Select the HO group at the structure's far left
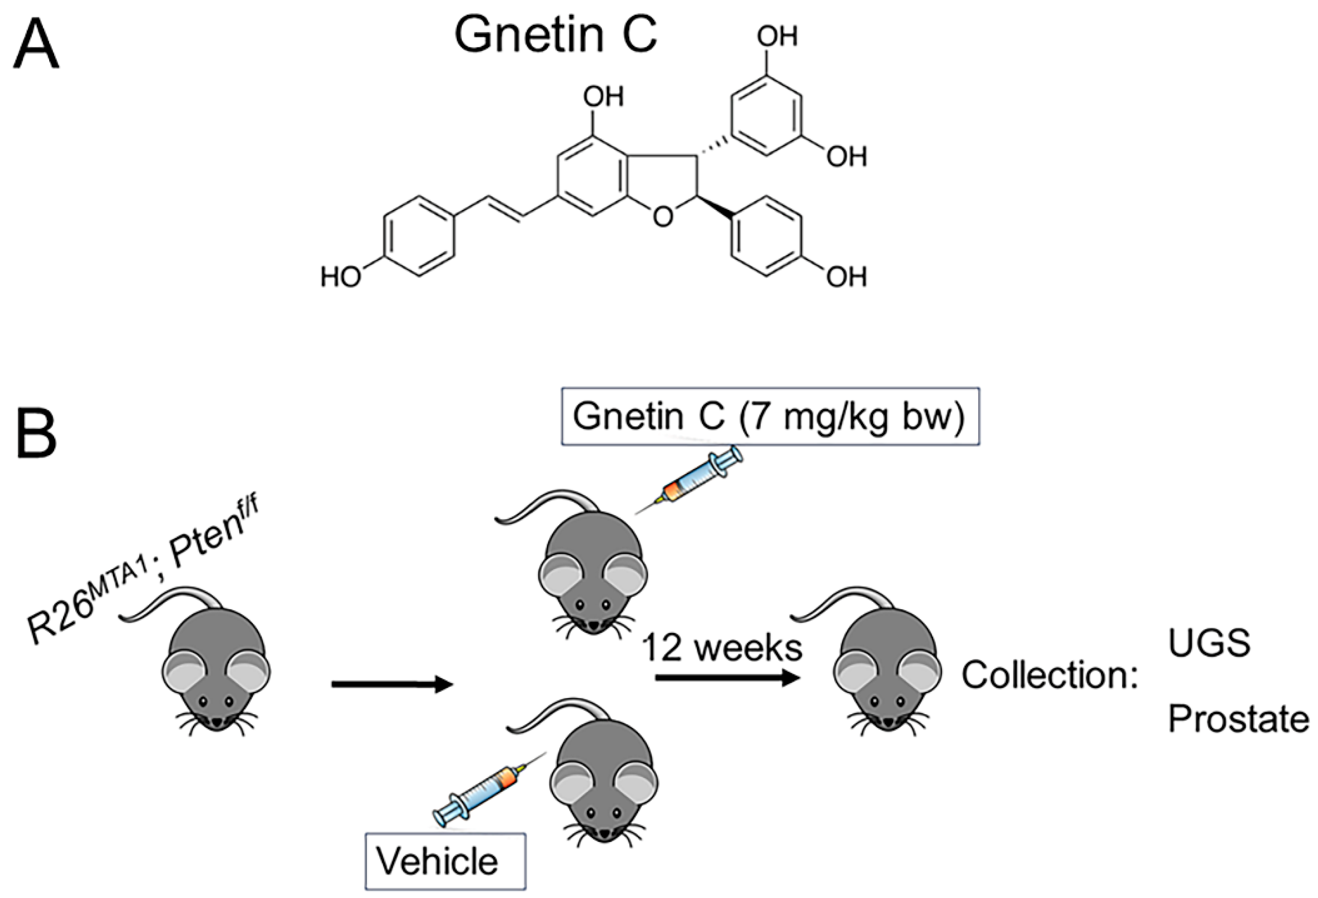(x=341, y=277)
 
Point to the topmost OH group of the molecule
(x=776, y=37)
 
